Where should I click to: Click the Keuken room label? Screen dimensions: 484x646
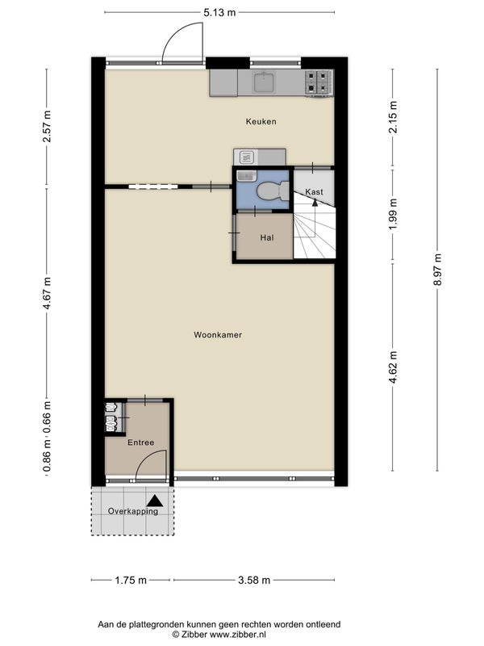tap(261, 122)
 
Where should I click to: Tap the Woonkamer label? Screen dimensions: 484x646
tap(218, 335)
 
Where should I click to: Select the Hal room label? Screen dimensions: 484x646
tap(267, 237)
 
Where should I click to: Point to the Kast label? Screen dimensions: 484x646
tap(314, 192)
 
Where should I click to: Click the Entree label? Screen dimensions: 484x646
tap(140, 443)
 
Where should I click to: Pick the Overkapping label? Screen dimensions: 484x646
tap(133, 511)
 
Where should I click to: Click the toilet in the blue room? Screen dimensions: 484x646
tap(273, 191)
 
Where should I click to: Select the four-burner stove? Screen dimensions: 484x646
tap(319, 82)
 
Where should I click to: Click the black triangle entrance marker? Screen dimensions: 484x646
tap(155, 501)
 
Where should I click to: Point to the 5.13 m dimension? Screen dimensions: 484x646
tap(219, 12)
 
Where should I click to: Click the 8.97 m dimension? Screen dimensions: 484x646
tap(437, 270)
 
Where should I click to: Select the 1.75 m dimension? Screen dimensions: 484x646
tap(131, 580)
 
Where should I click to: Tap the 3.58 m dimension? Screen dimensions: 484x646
tap(254, 580)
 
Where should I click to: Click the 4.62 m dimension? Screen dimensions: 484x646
tap(393, 367)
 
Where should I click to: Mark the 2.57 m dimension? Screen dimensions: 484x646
tap(47, 126)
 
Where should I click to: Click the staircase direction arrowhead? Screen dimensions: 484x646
tap(315, 203)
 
